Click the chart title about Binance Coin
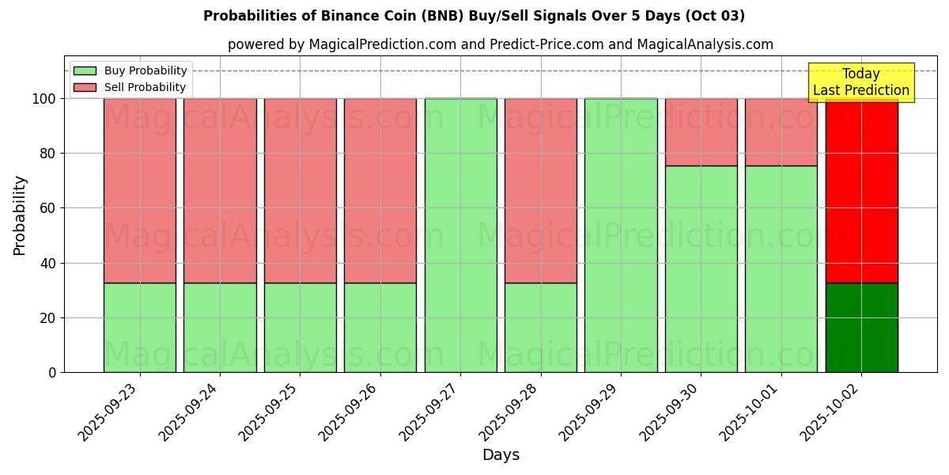tap(474, 16)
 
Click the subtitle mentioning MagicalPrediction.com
tap(500, 44)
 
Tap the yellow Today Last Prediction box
tap(860, 82)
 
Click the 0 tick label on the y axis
tap(52, 372)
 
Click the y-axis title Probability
tap(20, 215)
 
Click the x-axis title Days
tap(501, 455)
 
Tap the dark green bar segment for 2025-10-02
tap(861, 328)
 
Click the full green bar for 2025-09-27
tap(460, 235)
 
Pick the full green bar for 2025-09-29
tap(621, 235)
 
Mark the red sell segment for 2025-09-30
tap(701, 132)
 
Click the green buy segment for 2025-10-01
tap(781, 269)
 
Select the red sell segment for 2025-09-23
tap(140, 190)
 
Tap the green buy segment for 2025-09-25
tap(300, 328)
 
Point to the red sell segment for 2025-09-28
tap(541, 190)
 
